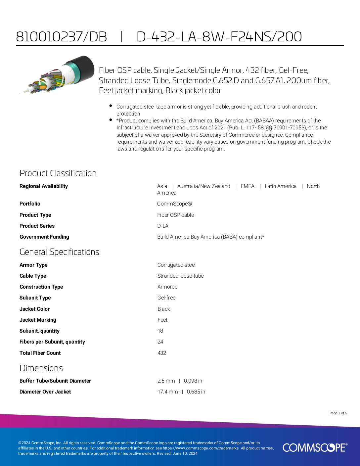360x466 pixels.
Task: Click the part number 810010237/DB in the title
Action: (62, 37)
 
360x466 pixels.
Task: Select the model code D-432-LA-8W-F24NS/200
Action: (219, 37)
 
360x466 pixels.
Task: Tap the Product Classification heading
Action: (58, 173)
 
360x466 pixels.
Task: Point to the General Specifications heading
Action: (59, 252)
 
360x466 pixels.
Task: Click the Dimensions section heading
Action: (41, 368)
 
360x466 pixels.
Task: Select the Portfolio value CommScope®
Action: (174, 204)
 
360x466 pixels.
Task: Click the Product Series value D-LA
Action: (163, 226)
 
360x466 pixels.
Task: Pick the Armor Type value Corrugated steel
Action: (176, 265)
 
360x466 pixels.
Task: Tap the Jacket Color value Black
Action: (163, 309)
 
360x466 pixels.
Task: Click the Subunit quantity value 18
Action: (160, 331)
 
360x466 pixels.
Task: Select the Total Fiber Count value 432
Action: (162, 353)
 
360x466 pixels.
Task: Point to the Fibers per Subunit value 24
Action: (160, 342)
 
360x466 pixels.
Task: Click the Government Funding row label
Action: (44, 237)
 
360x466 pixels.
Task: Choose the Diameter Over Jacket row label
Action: (45, 392)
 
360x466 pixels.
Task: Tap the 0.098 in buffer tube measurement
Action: (193, 381)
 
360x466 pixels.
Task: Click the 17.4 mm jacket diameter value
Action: (167, 392)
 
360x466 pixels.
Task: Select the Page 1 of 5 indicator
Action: (338, 413)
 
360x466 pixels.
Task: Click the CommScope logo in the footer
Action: (315, 447)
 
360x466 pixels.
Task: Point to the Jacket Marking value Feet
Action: (162, 320)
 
